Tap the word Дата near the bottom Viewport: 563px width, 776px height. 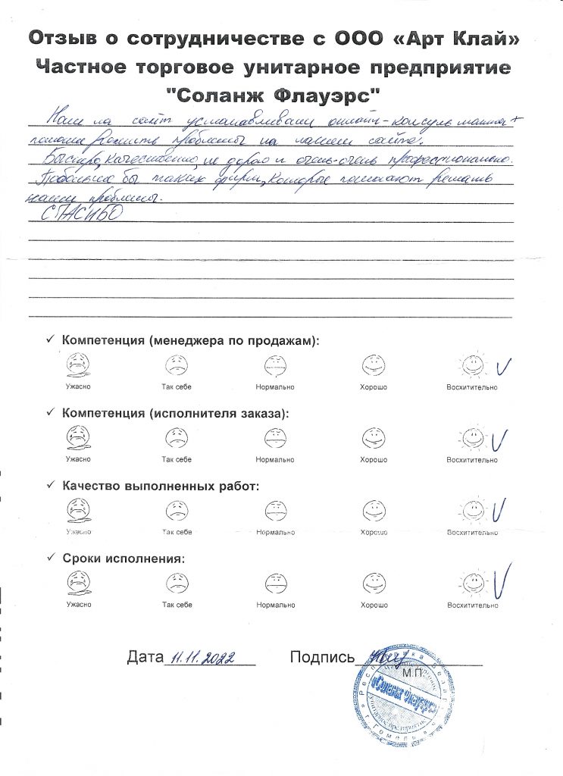[146, 657]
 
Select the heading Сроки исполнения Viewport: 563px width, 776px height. [124, 559]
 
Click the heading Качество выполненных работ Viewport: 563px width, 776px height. [161, 486]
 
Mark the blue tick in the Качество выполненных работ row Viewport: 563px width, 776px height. [498, 511]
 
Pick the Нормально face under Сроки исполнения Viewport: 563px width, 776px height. [275, 584]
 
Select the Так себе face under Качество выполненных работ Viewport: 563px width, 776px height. [177, 511]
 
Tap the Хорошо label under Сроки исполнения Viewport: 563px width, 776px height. [374, 605]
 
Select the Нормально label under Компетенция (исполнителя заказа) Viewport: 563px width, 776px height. [275, 459]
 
